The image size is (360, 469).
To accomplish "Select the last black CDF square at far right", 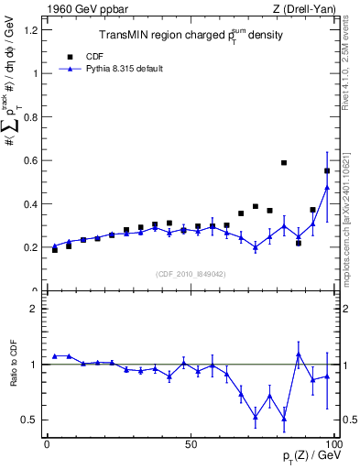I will (x=327, y=170).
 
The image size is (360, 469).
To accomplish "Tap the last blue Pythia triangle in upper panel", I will (x=327, y=188).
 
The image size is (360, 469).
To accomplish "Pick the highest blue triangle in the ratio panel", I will (x=299, y=354).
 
